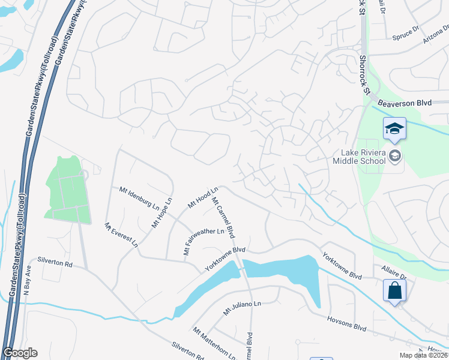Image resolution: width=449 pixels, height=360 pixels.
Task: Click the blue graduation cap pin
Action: (394, 129)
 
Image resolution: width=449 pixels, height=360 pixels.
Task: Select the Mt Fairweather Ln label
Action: (203, 239)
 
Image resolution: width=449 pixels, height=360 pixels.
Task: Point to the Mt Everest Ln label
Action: (121, 235)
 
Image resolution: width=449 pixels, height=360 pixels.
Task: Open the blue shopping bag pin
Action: (394, 291)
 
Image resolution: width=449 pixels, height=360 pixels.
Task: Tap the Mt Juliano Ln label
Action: (243, 308)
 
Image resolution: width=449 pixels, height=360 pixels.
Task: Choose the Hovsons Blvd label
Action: (347, 323)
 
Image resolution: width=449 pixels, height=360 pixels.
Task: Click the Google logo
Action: (20, 353)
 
